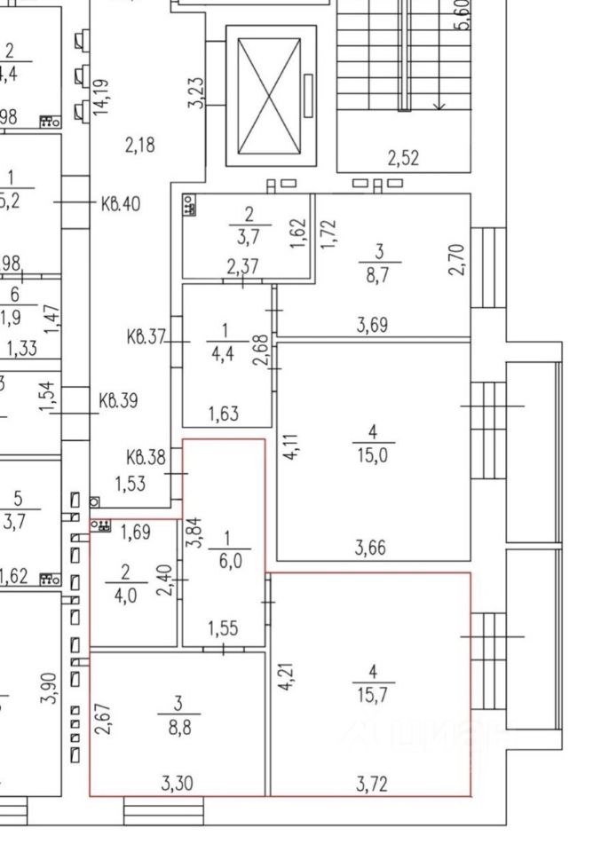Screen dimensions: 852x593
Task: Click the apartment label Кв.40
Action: (x=120, y=203)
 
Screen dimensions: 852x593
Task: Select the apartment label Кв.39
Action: (x=118, y=399)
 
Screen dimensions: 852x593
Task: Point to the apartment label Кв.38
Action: (x=146, y=458)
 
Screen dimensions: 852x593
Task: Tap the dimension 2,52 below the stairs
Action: (x=402, y=159)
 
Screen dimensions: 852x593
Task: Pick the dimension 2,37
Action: (x=242, y=267)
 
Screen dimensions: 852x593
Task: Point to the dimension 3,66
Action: (x=374, y=548)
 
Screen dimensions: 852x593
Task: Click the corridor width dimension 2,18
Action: (x=140, y=145)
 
